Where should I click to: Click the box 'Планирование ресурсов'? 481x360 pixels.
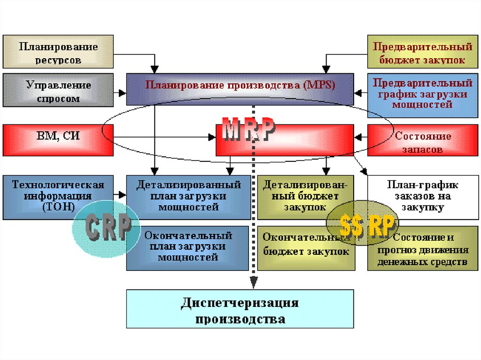(x=58, y=52)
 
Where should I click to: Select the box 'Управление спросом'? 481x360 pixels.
(x=58, y=91)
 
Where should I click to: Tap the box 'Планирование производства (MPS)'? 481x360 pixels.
(x=240, y=87)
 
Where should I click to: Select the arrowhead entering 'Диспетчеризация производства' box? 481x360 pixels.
(x=254, y=283)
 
